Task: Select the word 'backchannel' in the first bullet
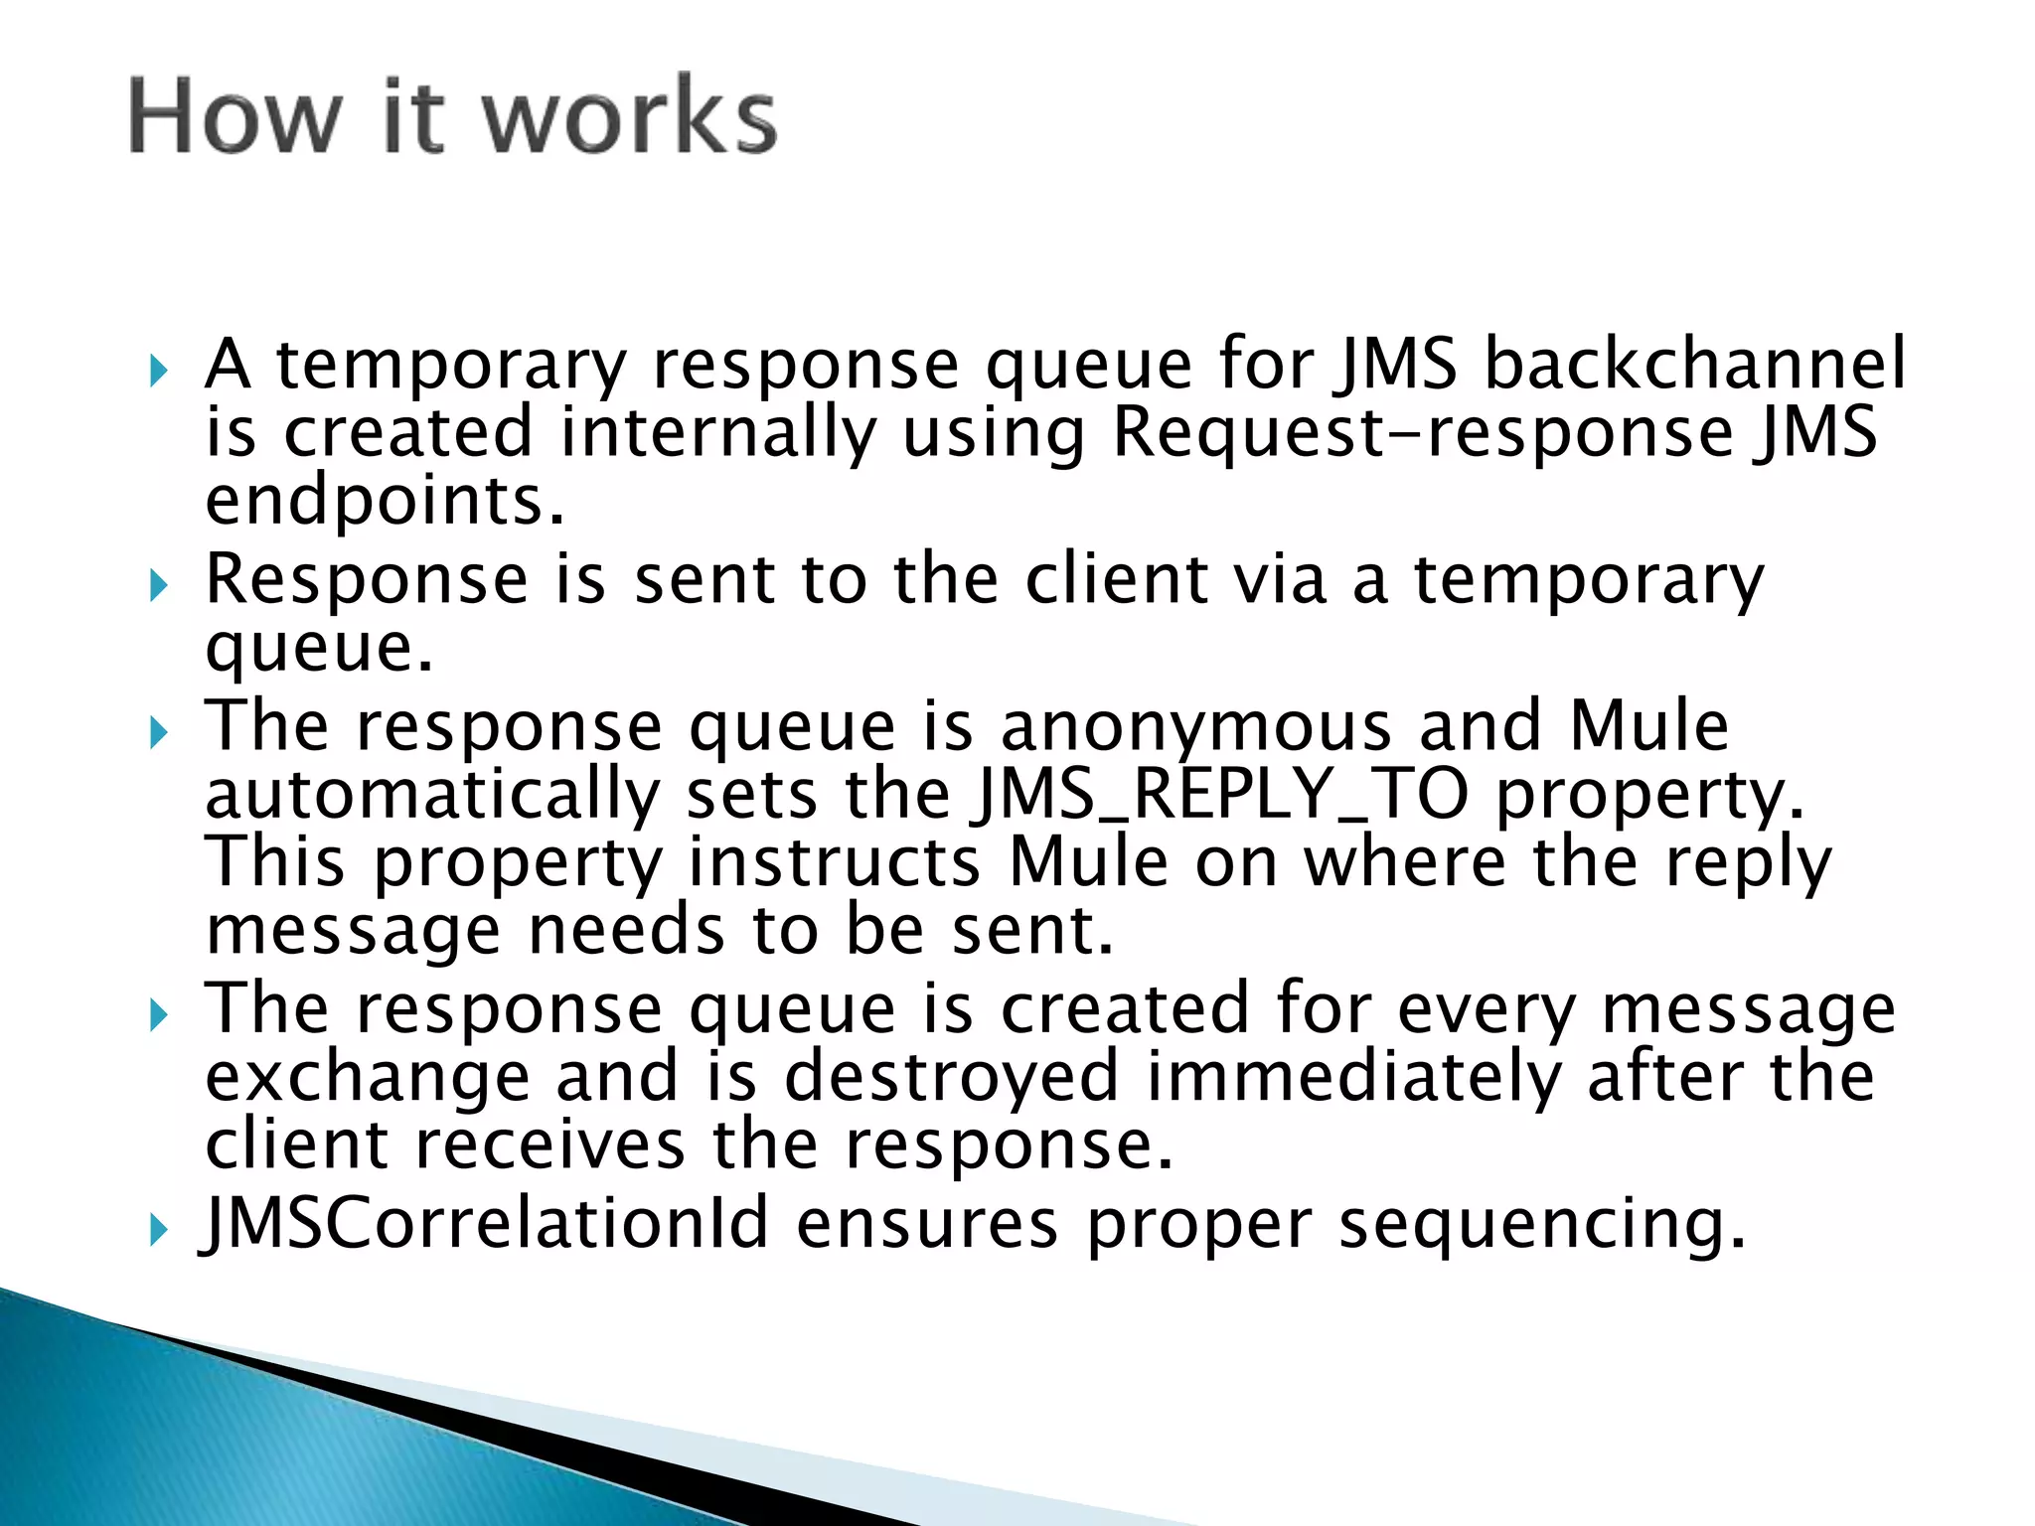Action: pyautogui.click(x=1694, y=364)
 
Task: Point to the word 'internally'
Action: pyautogui.click(x=718, y=434)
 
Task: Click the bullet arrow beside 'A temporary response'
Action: pyautogui.click(x=158, y=372)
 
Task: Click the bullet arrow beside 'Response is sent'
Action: pyautogui.click(x=158, y=586)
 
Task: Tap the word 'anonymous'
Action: pyautogui.click(x=1195, y=728)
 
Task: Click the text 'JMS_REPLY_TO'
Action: pyautogui.click(x=1220, y=795)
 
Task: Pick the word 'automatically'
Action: pyautogui.click(x=432, y=796)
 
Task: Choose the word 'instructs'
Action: pyautogui.click(x=835, y=862)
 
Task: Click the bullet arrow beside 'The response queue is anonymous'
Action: pyautogui.click(x=158, y=733)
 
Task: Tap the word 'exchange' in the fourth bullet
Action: pyautogui.click(x=367, y=1078)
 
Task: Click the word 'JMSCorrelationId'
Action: pyautogui.click(x=485, y=1224)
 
